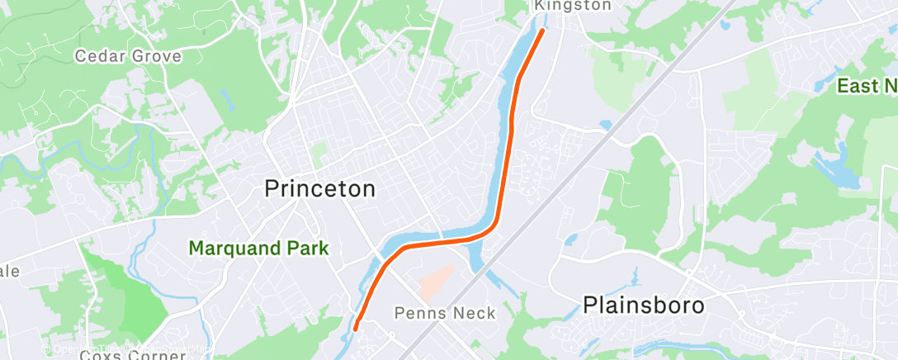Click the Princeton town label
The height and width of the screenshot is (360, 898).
pyautogui.click(x=319, y=189)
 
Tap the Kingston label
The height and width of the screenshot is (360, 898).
pyautogui.click(x=573, y=6)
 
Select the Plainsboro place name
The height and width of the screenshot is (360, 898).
pyautogui.click(x=644, y=306)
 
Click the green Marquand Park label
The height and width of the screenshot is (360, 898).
pyautogui.click(x=258, y=248)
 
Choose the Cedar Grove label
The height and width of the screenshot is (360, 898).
pyautogui.click(x=127, y=56)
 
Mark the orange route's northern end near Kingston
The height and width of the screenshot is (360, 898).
pyautogui.click(x=542, y=31)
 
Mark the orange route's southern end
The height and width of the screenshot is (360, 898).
pyautogui.click(x=356, y=328)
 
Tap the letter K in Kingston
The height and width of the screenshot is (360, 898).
pyautogui.click(x=540, y=6)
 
